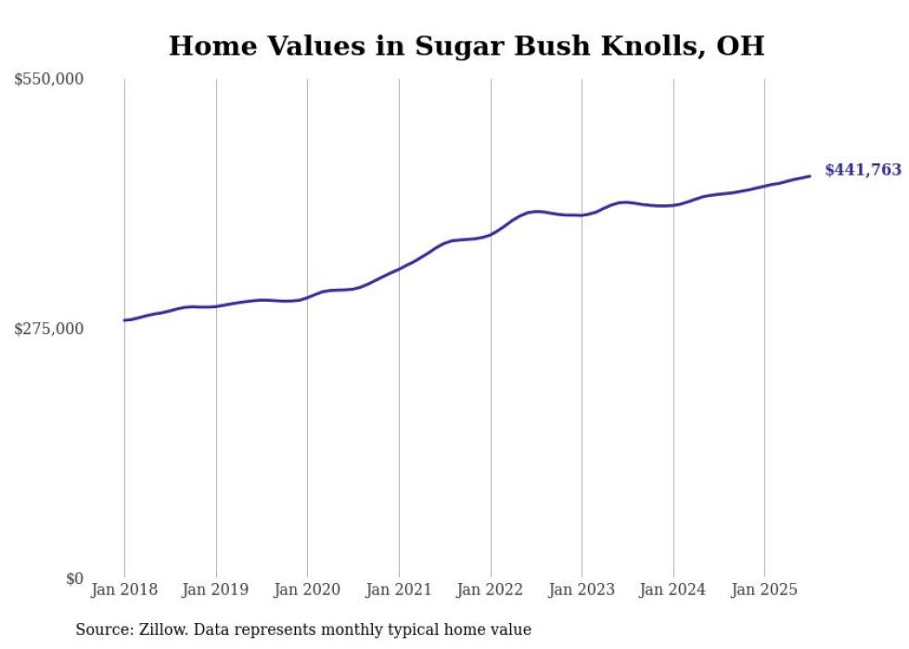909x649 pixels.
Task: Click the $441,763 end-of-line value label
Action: [x=863, y=170]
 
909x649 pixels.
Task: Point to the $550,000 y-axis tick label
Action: [x=48, y=80]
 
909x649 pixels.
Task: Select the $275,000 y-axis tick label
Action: [x=48, y=329]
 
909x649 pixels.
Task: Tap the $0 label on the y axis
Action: [x=74, y=578]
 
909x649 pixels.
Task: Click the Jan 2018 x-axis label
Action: [x=124, y=590]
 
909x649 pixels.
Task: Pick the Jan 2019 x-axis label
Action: [x=216, y=590]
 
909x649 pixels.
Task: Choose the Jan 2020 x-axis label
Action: [x=307, y=590]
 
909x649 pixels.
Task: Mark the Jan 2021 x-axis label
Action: [x=399, y=590]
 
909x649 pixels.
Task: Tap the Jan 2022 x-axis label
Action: [x=491, y=590]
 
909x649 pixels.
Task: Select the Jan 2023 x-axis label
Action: [x=582, y=590]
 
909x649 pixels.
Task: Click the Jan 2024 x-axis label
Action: [x=673, y=590]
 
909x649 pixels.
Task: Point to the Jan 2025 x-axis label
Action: [x=764, y=590]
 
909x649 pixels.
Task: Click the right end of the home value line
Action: [x=810, y=175]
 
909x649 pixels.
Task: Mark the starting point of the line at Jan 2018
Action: [x=124, y=320]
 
